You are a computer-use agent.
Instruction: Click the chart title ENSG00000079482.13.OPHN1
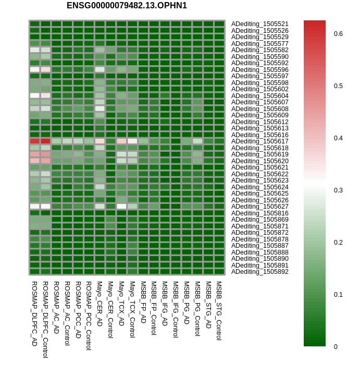click(x=127, y=6)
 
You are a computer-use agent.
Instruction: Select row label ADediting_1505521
click(x=259, y=24)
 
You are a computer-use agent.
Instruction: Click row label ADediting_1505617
click(x=259, y=141)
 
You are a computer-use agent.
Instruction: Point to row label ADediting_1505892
click(x=259, y=272)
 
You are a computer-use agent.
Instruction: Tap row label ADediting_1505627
click(x=259, y=207)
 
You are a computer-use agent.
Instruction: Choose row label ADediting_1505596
click(x=259, y=70)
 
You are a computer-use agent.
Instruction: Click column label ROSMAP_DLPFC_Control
click(x=45, y=320)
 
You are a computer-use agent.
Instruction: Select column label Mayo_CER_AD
click(x=100, y=304)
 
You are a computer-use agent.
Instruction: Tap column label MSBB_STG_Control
click(x=219, y=311)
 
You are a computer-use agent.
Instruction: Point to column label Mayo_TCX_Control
click(x=132, y=309)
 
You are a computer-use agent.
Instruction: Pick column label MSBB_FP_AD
click(x=143, y=302)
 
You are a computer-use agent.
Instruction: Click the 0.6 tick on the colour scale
click(x=338, y=34)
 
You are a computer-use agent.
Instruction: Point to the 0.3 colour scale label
click(x=338, y=190)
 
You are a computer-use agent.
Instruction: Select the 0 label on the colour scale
click(x=336, y=347)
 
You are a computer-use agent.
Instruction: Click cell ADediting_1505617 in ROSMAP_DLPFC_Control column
click(x=45, y=141)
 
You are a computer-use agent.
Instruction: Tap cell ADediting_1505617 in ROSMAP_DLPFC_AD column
click(x=34, y=141)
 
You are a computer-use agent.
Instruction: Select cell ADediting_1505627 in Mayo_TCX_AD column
click(x=121, y=207)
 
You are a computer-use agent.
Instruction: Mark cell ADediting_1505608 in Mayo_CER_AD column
click(x=100, y=108)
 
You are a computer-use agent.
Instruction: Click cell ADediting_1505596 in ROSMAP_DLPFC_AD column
click(x=34, y=69)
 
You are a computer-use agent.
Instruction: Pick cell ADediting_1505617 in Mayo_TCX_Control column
click(x=132, y=141)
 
